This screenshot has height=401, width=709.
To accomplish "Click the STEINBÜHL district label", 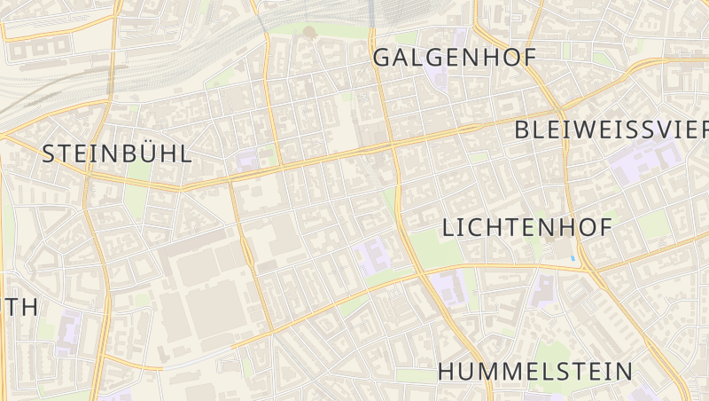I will (116, 153).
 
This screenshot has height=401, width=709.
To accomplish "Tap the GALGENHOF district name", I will (456, 58).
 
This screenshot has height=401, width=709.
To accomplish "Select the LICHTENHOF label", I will (526, 228).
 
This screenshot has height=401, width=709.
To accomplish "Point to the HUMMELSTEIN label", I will (535, 371).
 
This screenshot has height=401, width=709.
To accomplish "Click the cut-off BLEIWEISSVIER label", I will (612, 130).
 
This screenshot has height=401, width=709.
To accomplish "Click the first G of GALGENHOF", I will (384, 58).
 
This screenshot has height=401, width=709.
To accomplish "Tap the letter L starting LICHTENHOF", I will (448, 228).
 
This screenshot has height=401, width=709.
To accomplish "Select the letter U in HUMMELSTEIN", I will (469, 371).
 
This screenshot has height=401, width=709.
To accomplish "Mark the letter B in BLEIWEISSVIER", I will (523, 130).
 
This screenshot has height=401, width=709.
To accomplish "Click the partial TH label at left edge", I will (19, 307).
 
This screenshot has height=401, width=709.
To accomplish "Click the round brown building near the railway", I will (308, 32).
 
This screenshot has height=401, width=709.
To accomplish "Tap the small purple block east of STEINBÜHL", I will (245, 161).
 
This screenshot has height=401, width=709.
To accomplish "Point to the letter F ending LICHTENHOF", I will (604, 228).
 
